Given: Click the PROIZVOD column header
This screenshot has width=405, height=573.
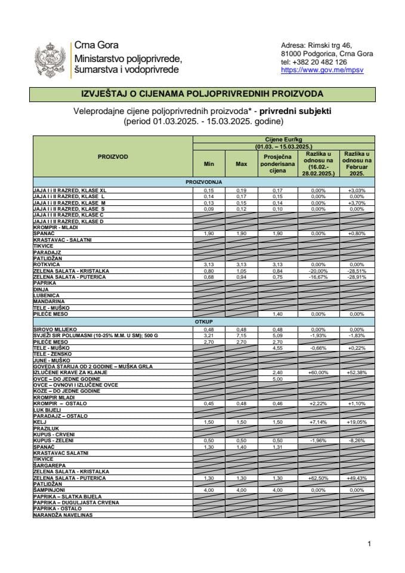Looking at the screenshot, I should coord(113,156).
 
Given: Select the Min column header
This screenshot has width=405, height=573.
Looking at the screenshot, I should coord(208,163).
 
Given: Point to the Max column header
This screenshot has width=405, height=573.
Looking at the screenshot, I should coord(241,163).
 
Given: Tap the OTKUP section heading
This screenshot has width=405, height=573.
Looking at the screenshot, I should coord(203,321).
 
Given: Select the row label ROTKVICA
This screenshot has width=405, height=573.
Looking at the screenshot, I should coord(47,264).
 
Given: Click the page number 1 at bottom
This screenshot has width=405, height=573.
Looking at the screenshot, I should coord(370,544).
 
